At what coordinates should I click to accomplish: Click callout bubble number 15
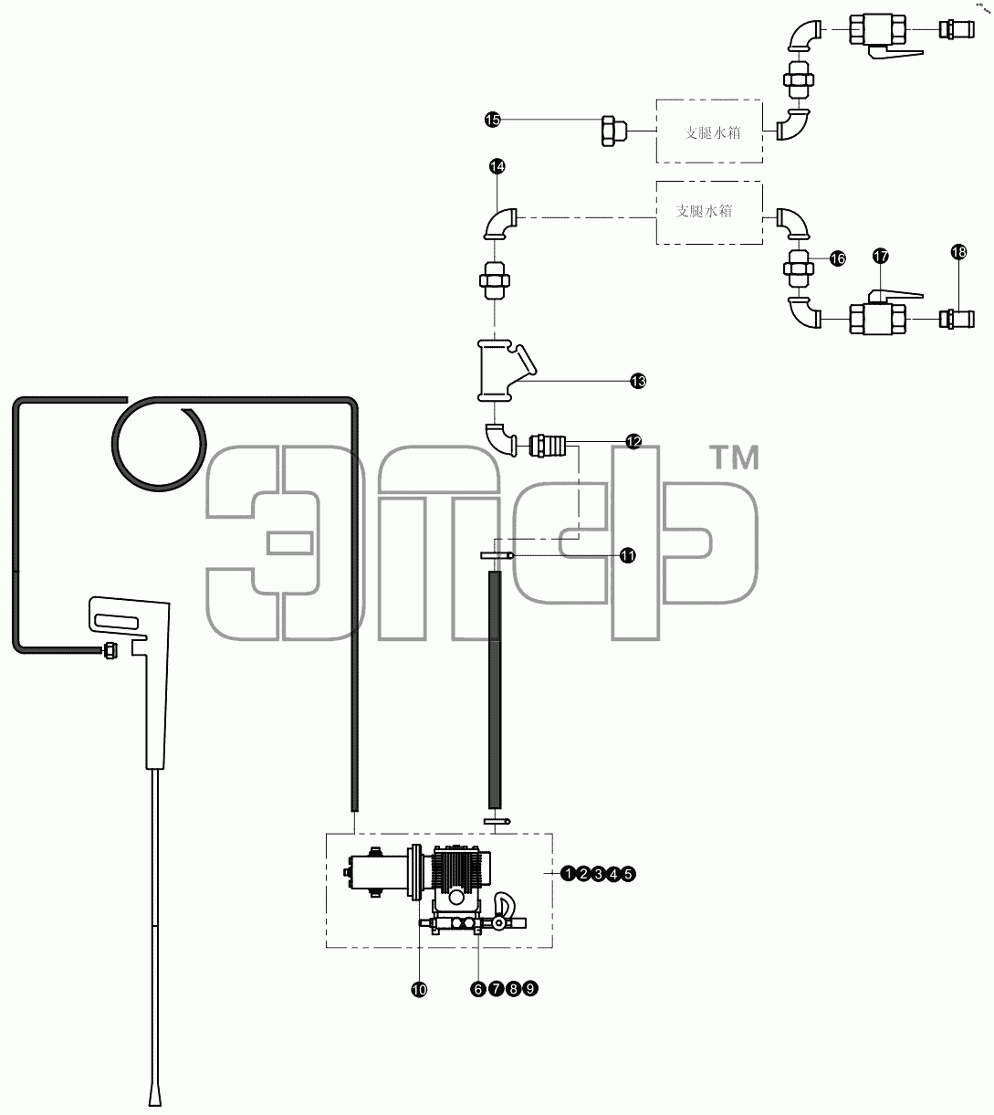tap(492, 120)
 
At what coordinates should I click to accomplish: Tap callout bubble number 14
tap(497, 166)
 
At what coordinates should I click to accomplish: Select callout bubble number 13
tap(638, 381)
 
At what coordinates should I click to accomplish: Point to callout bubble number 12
tap(633, 441)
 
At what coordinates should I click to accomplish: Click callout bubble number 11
tap(628, 556)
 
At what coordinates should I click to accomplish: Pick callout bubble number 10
tap(419, 990)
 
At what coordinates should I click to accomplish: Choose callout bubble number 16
tap(837, 258)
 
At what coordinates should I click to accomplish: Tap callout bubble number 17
tap(881, 256)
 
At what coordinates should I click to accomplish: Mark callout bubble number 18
tap(958, 252)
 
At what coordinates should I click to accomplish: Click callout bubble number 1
tap(569, 873)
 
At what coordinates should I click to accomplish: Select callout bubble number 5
tap(628, 873)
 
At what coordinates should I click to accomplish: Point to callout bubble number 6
tap(478, 990)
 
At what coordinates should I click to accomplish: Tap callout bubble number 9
tap(530, 989)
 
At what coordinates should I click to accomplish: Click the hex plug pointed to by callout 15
tap(613, 131)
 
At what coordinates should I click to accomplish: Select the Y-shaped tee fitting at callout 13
tap(503, 372)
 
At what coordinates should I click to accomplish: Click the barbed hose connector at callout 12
tap(547, 446)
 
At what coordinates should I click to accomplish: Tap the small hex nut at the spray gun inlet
tap(110, 651)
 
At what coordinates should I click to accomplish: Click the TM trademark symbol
tap(736, 458)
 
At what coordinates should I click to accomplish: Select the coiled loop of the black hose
tap(159, 444)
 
